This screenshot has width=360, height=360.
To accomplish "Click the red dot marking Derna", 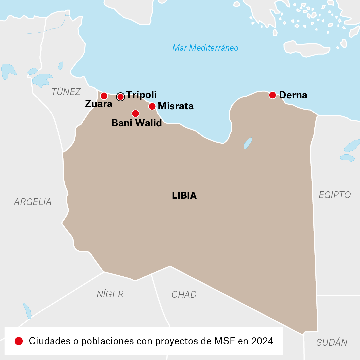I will (272, 95).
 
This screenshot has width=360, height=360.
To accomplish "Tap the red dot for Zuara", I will (104, 96).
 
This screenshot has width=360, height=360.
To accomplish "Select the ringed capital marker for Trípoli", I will (120, 97).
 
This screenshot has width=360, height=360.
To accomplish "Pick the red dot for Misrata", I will (152, 106).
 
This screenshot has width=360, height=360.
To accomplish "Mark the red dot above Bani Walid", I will (135, 113).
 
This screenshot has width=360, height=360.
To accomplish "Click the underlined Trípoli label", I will (141, 95).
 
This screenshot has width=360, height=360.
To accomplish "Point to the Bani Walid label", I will (137, 123).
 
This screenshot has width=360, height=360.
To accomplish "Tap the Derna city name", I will (293, 95).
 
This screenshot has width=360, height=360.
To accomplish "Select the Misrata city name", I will (176, 106).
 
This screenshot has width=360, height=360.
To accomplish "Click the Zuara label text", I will (99, 104).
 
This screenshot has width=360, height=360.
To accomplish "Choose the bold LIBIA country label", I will (184, 196).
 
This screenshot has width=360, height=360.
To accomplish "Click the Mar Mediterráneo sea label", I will (205, 48).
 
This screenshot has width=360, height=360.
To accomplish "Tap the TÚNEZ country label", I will (66, 92).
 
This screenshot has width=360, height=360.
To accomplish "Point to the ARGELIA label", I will (33, 202).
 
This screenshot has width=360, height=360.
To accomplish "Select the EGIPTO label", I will (335, 195).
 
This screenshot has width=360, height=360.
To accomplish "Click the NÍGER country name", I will (110, 294).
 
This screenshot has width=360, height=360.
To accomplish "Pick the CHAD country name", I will (184, 295).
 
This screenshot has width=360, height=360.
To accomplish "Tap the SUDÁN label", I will (332, 342).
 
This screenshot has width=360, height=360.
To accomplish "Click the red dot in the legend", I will (19, 341).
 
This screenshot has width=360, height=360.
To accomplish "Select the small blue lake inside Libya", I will (248, 143).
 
